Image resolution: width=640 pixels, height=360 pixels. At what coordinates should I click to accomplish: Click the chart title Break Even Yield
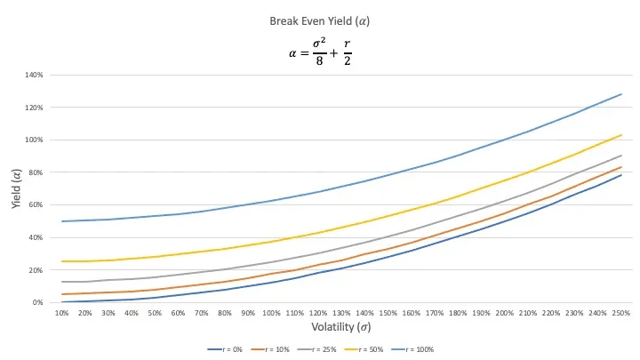tap(319, 20)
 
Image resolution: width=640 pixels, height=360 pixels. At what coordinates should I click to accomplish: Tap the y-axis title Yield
tap(18, 188)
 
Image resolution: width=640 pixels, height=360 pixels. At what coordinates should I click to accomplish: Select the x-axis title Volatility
tap(340, 326)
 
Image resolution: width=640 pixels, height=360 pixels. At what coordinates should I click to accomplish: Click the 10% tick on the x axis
tap(62, 313)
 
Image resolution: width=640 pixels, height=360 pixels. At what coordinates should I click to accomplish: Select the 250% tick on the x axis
tap(621, 313)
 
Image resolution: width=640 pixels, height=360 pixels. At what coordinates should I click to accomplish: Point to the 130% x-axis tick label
tap(341, 313)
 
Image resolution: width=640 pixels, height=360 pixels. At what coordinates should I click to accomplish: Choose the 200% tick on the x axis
tap(504, 313)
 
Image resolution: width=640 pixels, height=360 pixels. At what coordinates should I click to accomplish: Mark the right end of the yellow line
tap(621, 134)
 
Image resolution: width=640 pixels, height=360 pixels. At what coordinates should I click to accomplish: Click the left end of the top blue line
tap(62, 221)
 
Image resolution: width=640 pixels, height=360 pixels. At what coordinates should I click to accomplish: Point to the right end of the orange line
tap(621, 167)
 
